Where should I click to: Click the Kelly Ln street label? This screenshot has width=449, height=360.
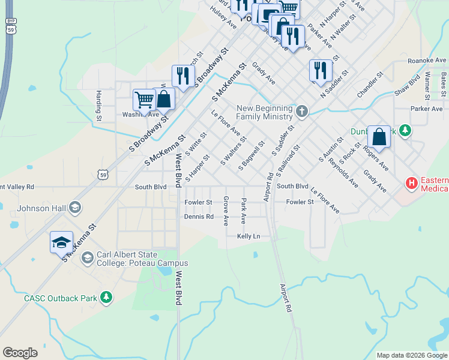(249, 236)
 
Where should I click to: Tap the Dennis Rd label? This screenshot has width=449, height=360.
(199, 217)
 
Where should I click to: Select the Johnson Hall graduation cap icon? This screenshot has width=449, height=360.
(75, 208)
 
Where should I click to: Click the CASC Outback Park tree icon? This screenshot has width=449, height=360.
(106, 297)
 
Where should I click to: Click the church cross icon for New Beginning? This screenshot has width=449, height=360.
(302, 111)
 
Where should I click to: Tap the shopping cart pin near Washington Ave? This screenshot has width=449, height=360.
(144, 100)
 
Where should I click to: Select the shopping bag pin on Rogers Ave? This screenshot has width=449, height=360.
(379, 136)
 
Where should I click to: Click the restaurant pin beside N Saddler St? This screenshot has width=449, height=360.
(321, 70)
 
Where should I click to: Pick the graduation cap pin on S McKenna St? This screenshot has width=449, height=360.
(61, 242)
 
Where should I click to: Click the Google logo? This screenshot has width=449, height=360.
(20, 353)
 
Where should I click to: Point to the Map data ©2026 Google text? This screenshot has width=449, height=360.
(412, 355)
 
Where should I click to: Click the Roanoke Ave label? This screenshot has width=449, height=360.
(427, 61)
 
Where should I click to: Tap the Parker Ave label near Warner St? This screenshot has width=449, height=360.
(427, 109)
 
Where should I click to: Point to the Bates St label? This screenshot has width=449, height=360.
(443, 85)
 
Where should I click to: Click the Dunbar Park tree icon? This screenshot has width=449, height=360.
(405, 130)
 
